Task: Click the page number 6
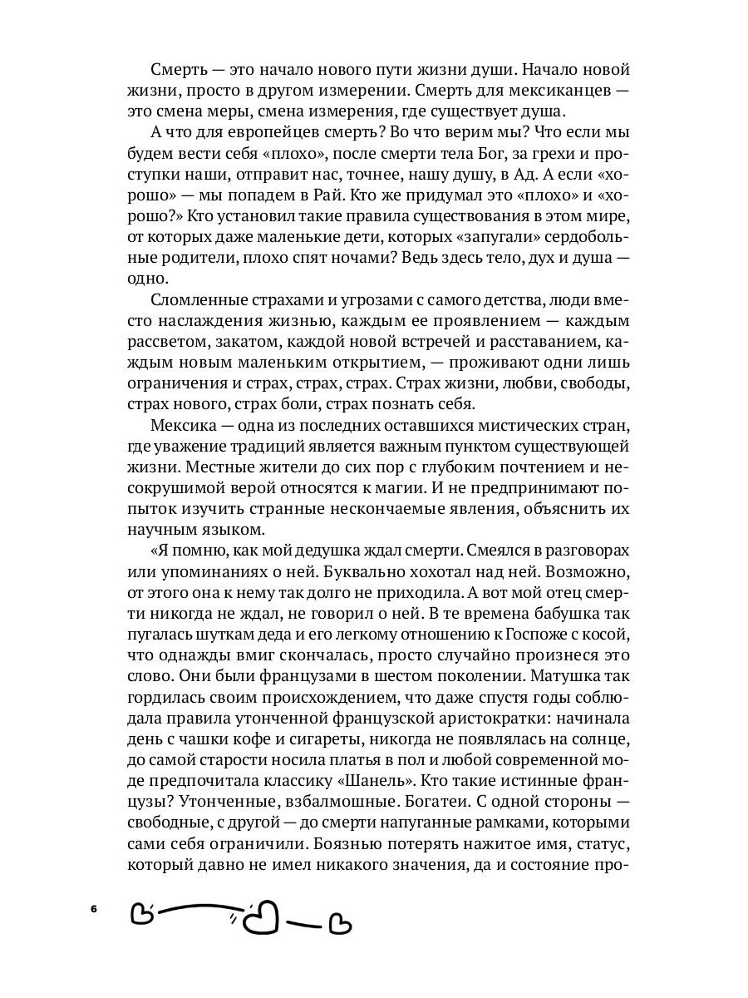coord(94,908)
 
